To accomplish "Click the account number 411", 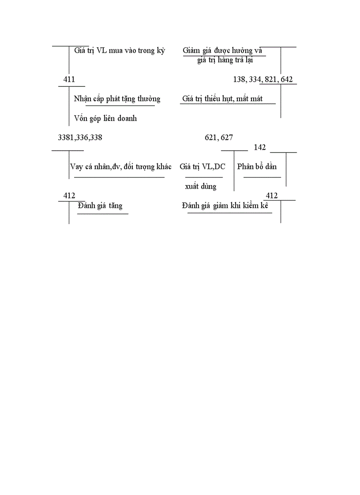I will (x=69, y=80).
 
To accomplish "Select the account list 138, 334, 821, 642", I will (x=262, y=80).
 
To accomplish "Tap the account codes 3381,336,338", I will (x=80, y=138).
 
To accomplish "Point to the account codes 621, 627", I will (x=219, y=138).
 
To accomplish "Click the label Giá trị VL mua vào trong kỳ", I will (x=119, y=51).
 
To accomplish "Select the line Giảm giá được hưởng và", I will (x=223, y=51).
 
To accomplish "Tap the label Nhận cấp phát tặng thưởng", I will (x=117, y=99).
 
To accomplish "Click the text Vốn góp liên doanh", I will (x=105, y=118).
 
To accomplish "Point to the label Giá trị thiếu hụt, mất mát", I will (x=222, y=99).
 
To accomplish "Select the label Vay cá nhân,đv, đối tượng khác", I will (x=120, y=167).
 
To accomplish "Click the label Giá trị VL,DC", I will (x=202, y=167).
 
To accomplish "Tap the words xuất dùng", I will (x=201, y=186).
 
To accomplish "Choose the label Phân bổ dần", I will (x=257, y=167).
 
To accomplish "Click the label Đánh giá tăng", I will (x=100, y=206).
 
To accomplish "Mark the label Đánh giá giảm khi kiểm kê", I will (x=225, y=206).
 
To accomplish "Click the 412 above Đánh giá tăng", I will (x=69, y=196).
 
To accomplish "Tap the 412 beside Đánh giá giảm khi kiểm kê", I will (x=272, y=196).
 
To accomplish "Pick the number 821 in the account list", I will (x=270, y=80).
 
